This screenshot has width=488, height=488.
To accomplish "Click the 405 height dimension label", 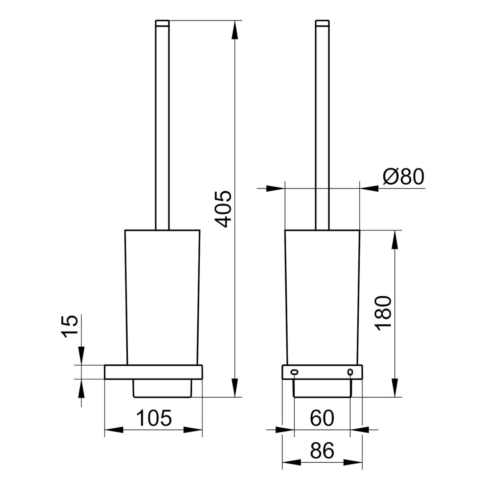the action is (223, 209).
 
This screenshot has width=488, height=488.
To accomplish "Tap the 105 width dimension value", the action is (154, 418).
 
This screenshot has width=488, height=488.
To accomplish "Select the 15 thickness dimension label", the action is (69, 326).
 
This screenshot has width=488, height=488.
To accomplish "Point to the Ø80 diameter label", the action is (403, 177).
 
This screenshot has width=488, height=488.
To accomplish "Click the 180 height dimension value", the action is (383, 313).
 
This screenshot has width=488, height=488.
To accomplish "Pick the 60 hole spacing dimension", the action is (322, 418).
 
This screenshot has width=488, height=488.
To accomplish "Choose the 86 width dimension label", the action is (322, 451).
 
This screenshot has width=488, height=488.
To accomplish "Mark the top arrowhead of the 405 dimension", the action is (235, 29).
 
